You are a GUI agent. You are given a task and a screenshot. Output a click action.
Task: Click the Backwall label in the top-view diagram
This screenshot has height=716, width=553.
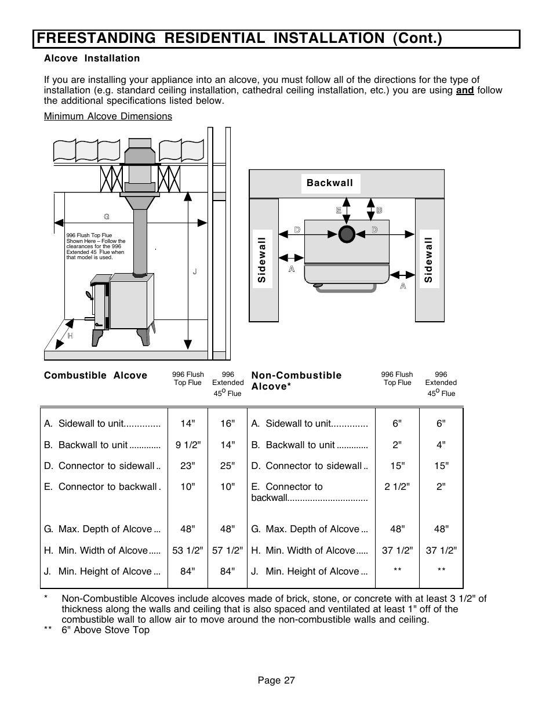click(330, 183)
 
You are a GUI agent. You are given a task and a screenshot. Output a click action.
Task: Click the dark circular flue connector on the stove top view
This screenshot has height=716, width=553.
click(347, 234)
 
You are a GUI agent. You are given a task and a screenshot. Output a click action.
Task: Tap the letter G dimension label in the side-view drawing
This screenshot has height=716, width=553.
click(107, 217)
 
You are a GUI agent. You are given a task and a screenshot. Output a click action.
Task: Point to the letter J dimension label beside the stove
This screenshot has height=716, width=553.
click(195, 272)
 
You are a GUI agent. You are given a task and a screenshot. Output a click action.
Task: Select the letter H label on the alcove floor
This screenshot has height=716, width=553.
click(70, 336)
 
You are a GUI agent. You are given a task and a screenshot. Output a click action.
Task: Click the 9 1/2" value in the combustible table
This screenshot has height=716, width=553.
click(188, 445)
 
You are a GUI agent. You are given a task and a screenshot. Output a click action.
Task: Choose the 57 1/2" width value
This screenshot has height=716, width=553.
click(227, 550)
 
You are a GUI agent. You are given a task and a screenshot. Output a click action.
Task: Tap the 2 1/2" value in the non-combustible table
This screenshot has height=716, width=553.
click(397, 487)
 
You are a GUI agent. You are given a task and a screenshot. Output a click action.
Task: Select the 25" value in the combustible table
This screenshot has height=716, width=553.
click(227, 466)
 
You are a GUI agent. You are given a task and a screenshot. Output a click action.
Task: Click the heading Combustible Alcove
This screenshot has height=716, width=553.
click(96, 376)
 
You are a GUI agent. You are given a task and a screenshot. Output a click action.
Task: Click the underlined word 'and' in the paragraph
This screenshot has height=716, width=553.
click(465, 90)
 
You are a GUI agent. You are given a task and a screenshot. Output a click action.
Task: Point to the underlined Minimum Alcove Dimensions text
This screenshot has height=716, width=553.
click(108, 117)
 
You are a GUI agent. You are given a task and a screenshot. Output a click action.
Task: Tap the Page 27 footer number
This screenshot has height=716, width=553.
click(276, 681)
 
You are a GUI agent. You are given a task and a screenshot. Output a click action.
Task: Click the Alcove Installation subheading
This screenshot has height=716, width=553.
click(92, 59)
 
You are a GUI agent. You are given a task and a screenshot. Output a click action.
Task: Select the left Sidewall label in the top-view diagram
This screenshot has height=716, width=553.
click(261, 260)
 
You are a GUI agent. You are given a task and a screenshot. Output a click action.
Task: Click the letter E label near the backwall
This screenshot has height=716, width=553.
click(339, 210)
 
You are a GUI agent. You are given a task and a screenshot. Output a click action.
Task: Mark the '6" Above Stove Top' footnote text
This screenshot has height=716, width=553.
click(105, 630)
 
